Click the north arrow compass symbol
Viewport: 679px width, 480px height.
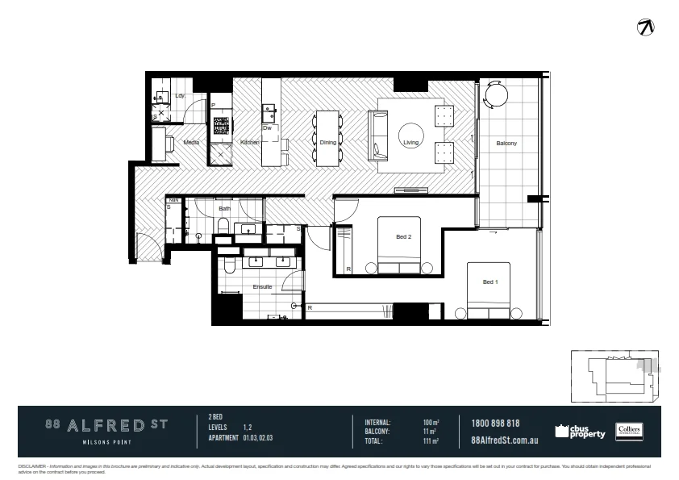(x=646, y=27)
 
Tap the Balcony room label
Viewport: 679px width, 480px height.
(x=506, y=143)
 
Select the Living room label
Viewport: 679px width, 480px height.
(x=412, y=143)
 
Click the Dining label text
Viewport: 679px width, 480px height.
(x=327, y=143)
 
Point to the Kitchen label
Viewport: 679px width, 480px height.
(x=250, y=143)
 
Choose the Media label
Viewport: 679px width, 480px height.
(x=191, y=143)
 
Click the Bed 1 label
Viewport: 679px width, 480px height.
(x=489, y=282)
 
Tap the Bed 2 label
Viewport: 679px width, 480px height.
(x=404, y=237)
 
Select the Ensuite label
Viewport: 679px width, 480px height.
(x=262, y=286)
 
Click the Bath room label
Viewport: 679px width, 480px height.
(x=224, y=208)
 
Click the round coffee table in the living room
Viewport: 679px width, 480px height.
(x=412, y=133)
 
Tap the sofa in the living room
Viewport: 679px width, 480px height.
(x=378, y=134)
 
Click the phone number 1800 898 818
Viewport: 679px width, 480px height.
(x=494, y=424)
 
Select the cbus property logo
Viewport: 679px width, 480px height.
(x=581, y=432)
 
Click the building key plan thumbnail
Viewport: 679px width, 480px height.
(x=615, y=376)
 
